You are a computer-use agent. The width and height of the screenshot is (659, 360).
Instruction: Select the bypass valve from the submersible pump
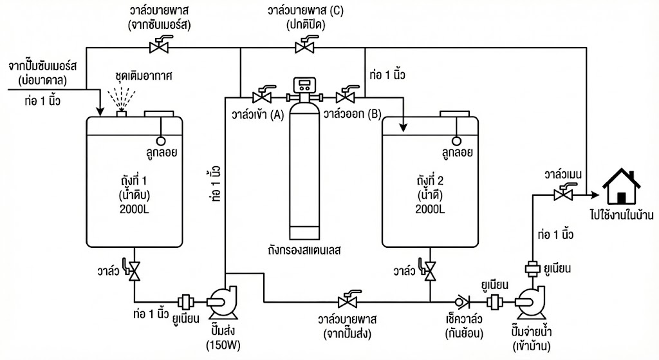coord(156,46)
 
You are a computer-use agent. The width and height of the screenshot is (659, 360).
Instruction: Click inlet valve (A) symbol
coord(262,97)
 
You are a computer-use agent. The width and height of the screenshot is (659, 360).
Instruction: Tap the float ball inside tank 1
coord(160,140)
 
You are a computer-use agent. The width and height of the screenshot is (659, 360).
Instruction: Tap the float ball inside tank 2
coord(456,140)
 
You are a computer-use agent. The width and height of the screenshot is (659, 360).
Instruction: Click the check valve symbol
coord(460,301)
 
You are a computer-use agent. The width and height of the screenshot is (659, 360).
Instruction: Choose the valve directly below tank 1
coord(135,271)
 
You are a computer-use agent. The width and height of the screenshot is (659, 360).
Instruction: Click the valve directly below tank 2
coord(429,271)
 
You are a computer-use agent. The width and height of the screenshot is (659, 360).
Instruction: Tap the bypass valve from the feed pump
coord(348,301)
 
